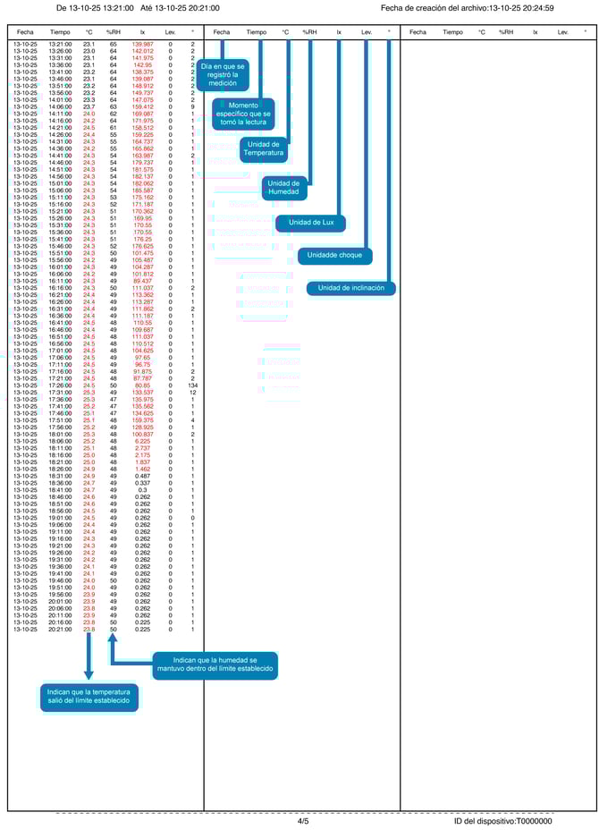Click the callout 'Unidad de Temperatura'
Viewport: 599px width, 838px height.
pyautogui.click(x=265, y=148)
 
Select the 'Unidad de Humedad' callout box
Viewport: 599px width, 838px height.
pyautogui.click(x=285, y=187)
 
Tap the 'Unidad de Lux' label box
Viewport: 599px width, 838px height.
pyautogui.click(x=310, y=222)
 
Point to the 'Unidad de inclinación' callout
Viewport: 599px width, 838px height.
pyautogui.click(x=350, y=288)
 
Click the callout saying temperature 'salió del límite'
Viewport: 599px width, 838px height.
pyautogui.click(x=89, y=698)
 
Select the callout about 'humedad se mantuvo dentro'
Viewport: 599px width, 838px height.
pyautogui.click(x=214, y=665)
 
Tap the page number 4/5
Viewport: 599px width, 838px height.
pyautogui.click(x=303, y=821)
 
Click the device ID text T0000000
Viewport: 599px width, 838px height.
pyautogui.click(x=503, y=821)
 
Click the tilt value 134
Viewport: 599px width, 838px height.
pyautogui.click(x=192, y=385)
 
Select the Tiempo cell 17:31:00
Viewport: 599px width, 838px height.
pyautogui.click(x=61, y=392)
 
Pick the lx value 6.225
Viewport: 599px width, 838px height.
pyautogui.click(x=142, y=441)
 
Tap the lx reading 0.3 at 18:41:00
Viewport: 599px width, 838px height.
pyautogui.click(x=142, y=490)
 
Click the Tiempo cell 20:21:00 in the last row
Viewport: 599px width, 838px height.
pyautogui.click(x=61, y=629)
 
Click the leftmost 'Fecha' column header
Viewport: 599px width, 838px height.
pyautogui.click(x=25, y=32)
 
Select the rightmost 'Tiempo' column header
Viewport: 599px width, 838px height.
pyautogui.click(x=452, y=32)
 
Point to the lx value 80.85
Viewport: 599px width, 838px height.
pyautogui.click(x=142, y=385)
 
